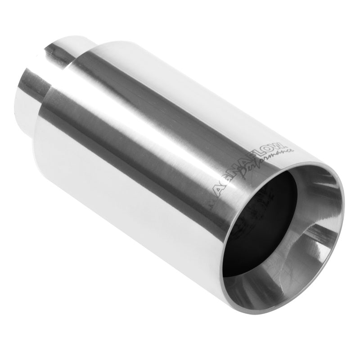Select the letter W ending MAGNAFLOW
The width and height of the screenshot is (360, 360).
tap(280, 145)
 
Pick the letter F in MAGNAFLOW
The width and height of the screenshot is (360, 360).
tap(256, 162)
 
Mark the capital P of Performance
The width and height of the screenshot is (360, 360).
tap(245, 177)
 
